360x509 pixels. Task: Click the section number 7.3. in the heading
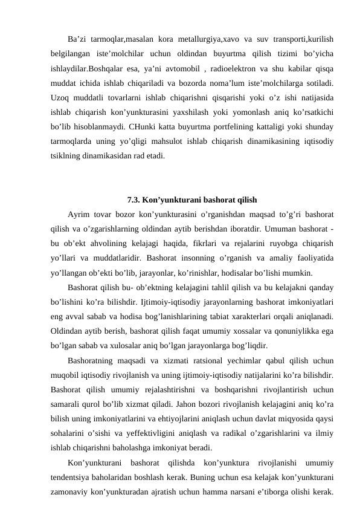pos(135,199)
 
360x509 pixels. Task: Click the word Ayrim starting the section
pos(79,215)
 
